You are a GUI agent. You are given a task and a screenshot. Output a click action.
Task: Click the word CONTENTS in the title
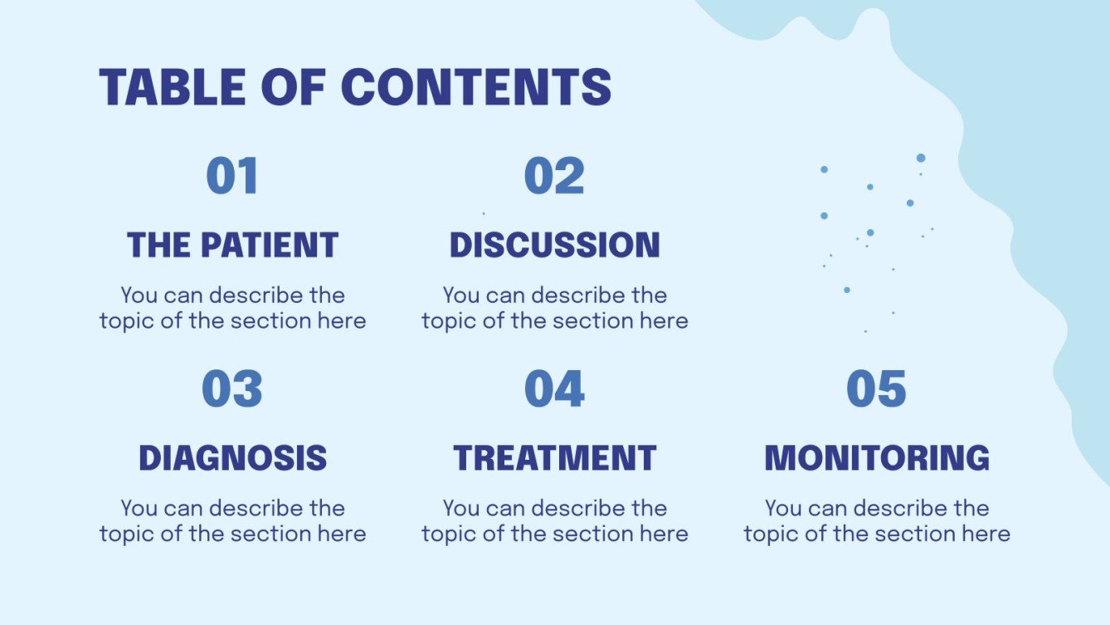(x=476, y=86)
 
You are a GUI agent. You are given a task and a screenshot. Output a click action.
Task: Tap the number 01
(x=232, y=177)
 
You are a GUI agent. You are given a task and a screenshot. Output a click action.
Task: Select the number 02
(x=554, y=177)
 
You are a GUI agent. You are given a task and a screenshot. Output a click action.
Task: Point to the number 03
(x=232, y=389)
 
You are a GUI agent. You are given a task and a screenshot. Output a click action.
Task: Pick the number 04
(x=554, y=389)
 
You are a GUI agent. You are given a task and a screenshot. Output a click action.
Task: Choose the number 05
(x=876, y=389)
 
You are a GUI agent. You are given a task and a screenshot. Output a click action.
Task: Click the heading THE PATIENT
(x=232, y=245)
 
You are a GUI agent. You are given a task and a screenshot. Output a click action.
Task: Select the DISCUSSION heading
(x=554, y=245)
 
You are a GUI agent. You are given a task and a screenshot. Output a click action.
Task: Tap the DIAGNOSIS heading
(x=232, y=458)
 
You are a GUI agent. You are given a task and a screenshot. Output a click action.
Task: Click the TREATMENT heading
(x=554, y=458)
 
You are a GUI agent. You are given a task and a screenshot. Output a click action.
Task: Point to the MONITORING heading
(x=876, y=458)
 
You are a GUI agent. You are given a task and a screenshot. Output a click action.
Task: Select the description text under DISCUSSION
(x=554, y=308)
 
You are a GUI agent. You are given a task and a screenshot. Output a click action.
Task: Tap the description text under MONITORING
(x=876, y=520)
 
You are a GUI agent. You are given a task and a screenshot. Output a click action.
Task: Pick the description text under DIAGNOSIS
(x=232, y=520)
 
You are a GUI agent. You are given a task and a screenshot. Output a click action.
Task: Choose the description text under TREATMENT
(x=554, y=520)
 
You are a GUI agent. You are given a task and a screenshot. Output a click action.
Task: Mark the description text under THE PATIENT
(x=232, y=308)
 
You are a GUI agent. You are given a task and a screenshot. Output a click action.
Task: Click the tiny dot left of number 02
(x=484, y=213)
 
